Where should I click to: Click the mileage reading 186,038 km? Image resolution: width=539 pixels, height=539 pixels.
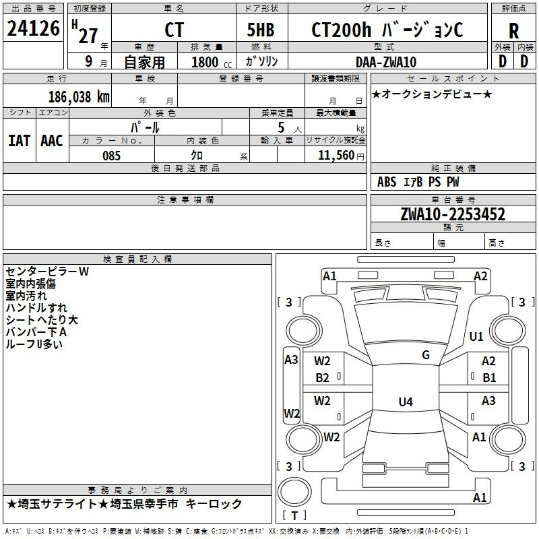[x=78, y=96]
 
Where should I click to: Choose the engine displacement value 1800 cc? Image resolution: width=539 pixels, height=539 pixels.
[x=210, y=62]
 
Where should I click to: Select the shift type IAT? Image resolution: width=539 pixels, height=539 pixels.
[x=19, y=141]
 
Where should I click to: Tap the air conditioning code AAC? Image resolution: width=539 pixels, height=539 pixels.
[x=52, y=141]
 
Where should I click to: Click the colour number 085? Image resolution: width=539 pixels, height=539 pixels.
[x=111, y=156]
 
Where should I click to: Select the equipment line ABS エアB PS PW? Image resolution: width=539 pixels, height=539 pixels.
[x=418, y=182]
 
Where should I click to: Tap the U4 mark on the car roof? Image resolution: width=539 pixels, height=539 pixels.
[x=405, y=402]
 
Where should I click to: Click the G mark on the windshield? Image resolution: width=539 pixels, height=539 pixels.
[x=425, y=355]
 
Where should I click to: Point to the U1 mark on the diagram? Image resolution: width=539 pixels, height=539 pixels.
[x=476, y=336]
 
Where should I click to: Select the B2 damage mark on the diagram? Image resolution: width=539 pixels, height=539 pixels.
[x=323, y=378]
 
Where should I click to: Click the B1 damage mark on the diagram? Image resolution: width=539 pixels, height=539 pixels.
[x=489, y=378]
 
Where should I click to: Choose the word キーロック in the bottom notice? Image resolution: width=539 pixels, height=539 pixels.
[x=214, y=504]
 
